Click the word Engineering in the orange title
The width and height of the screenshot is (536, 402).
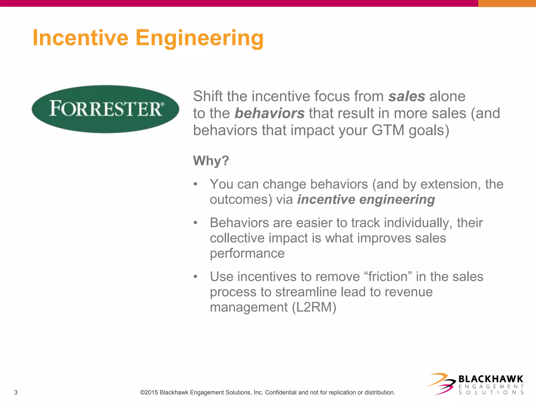[199, 38]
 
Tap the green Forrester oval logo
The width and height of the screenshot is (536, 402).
[105, 109]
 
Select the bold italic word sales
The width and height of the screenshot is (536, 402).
[406, 96]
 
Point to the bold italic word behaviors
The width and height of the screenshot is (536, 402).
[269, 113]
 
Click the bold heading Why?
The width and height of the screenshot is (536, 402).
[211, 160]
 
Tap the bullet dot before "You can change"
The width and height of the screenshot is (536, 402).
[195, 184]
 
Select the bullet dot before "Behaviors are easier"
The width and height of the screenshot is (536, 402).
[195, 223]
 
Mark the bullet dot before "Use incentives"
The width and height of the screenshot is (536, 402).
[195, 277]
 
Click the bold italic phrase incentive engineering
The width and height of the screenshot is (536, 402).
[366, 200]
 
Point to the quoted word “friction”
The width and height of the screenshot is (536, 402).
[388, 277]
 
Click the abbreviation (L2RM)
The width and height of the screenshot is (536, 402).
[314, 307]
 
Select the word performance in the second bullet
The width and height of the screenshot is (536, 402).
[247, 253]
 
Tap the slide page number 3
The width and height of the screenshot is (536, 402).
[16, 392]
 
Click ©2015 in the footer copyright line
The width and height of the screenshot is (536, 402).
[149, 392]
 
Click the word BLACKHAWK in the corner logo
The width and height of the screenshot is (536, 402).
[491, 379]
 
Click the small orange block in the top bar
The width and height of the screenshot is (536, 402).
[507, 3]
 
